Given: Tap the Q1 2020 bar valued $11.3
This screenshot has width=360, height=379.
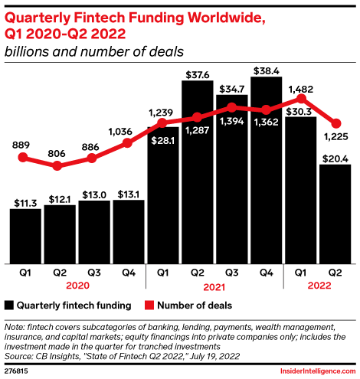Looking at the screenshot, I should coord(25,234).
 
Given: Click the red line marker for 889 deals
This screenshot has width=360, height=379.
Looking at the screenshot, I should coord(24,158).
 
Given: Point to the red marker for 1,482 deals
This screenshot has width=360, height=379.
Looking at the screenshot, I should coord(301,99).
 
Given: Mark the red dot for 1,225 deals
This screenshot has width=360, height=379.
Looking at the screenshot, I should coord(335,123).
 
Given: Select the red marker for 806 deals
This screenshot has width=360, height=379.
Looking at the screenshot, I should coord(59,165).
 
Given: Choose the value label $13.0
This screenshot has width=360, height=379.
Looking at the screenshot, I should coord(93,194).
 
